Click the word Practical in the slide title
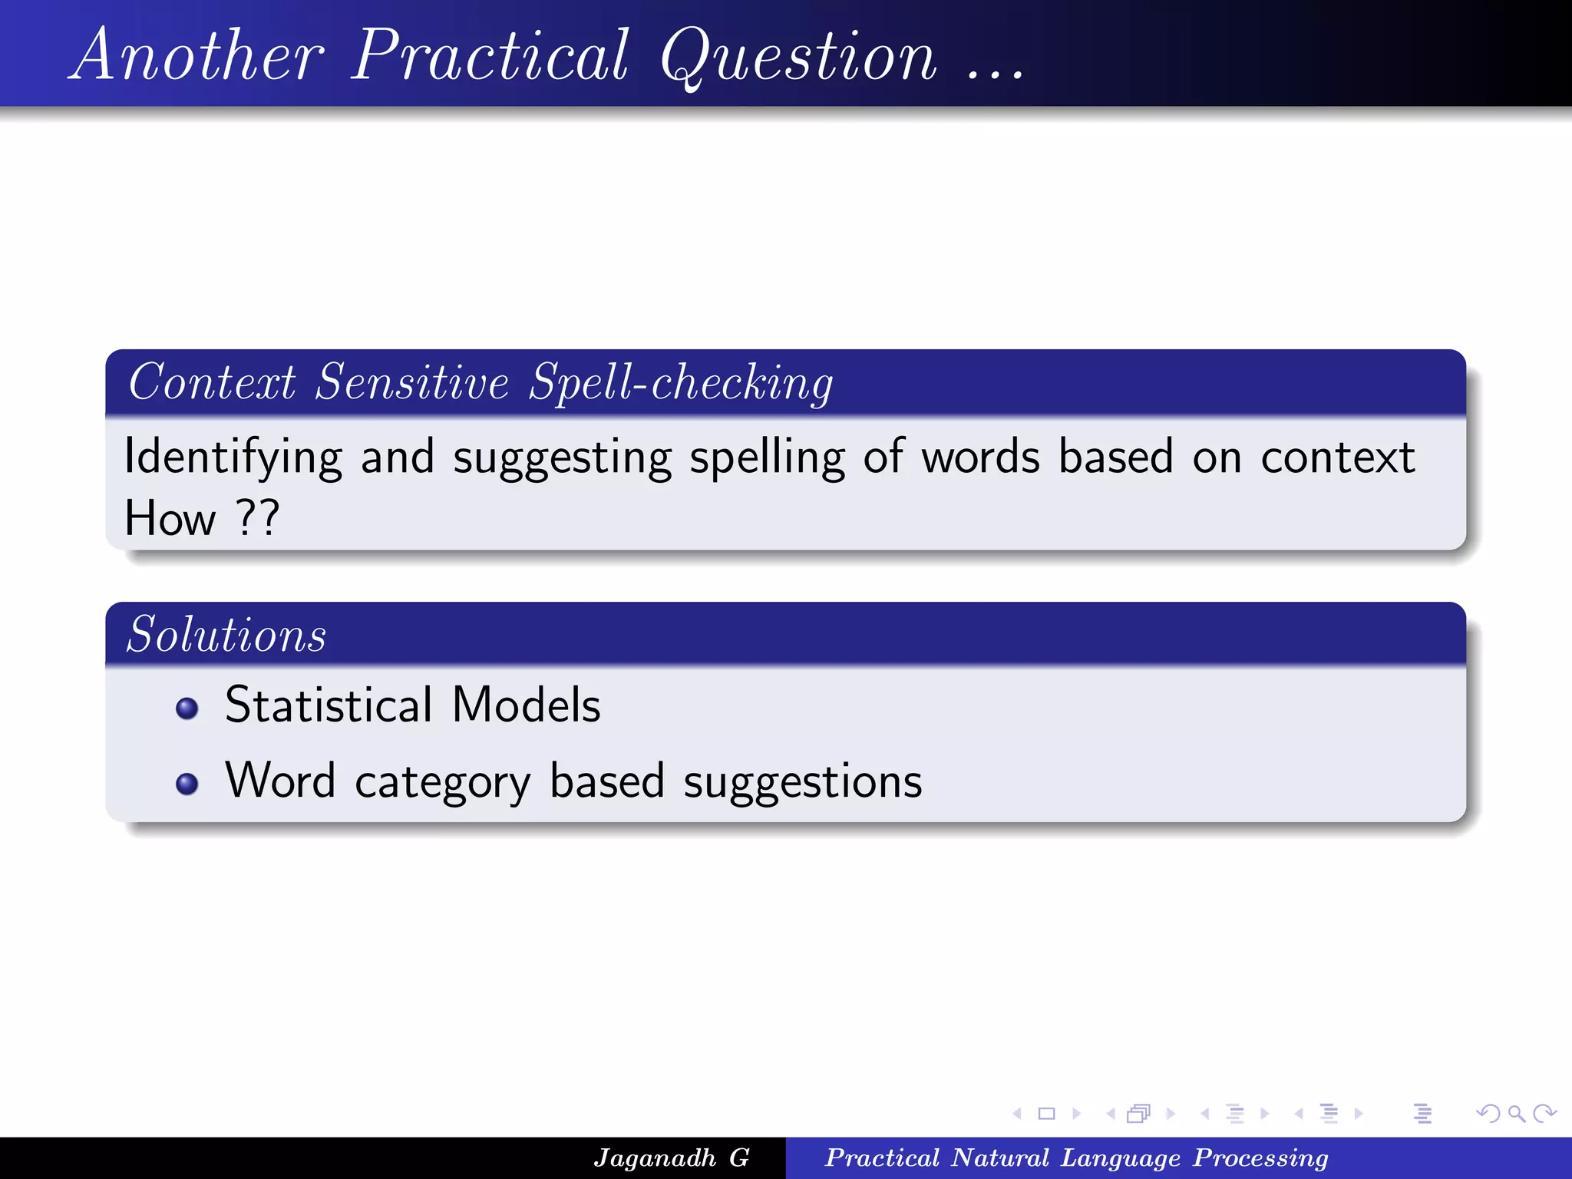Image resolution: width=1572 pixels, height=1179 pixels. click(x=490, y=55)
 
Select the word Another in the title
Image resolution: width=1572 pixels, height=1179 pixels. click(x=198, y=55)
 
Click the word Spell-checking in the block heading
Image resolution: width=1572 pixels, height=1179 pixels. click(x=681, y=382)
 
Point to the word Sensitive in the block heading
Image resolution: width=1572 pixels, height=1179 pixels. click(x=412, y=382)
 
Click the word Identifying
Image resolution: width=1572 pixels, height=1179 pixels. click(x=233, y=457)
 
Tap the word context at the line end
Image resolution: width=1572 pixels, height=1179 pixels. click(x=1338, y=457)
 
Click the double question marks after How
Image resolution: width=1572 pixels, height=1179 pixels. click(x=257, y=518)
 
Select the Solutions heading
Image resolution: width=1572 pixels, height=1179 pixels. click(x=226, y=635)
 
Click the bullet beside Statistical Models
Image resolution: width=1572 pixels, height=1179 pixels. click(x=187, y=708)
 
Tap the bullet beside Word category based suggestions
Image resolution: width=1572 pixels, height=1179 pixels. click(x=187, y=784)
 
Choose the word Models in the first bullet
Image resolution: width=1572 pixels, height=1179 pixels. click(x=526, y=705)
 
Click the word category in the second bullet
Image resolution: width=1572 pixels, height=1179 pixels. click(x=442, y=782)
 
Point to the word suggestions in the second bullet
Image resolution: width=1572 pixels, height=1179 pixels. click(x=802, y=782)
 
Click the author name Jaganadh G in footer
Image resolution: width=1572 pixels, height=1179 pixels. click(x=671, y=1158)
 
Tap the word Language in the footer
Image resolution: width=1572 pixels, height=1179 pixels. click(x=1120, y=1158)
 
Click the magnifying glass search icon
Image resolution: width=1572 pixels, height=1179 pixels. click(x=1516, y=1113)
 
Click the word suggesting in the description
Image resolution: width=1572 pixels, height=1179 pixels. click(x=562, y=457)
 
